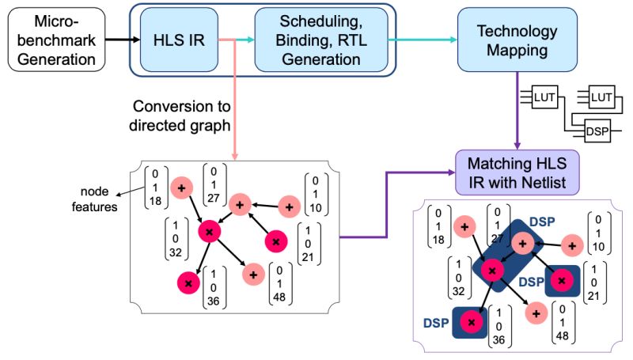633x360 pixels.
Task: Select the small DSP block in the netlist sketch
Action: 598,131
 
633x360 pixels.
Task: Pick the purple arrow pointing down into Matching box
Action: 517,111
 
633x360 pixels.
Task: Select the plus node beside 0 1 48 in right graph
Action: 537,312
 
